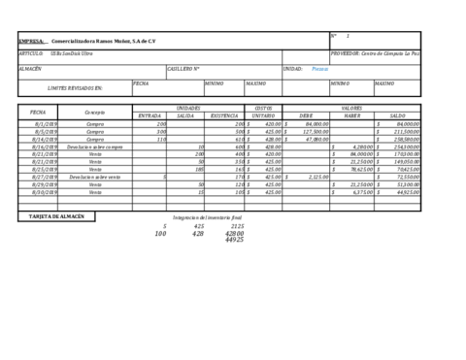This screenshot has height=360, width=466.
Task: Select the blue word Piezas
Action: [x=319, y=69]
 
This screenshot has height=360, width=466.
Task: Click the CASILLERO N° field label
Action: [x=183, y=69]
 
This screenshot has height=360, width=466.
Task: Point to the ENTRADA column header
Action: [x=150, y=115]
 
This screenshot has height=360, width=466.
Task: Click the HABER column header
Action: [x=351, y=115]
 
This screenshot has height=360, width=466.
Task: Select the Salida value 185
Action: [x=198, y=169]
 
